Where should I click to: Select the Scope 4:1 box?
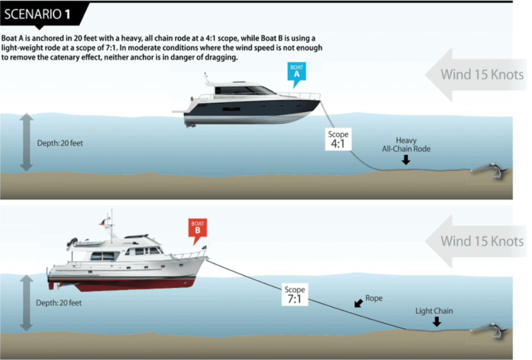[x=338, y=139]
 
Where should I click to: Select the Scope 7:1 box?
[x=295, y=295]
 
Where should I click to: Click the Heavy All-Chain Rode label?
[x=406, y=145]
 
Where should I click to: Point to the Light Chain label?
[x=434, y=311]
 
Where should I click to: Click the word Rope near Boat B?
[x=374, y=298]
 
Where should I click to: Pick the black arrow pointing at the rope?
[x=358, y=303]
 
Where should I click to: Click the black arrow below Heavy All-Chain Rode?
[x=406, y=160]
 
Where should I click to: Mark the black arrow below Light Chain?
[x=437, y=322]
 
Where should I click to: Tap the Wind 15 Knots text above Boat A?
[x=482, y=75]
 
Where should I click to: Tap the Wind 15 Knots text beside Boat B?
[x=482, y=241]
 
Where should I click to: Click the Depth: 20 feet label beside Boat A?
[x=60, y=143]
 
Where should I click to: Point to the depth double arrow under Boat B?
[x=26, y=303]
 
